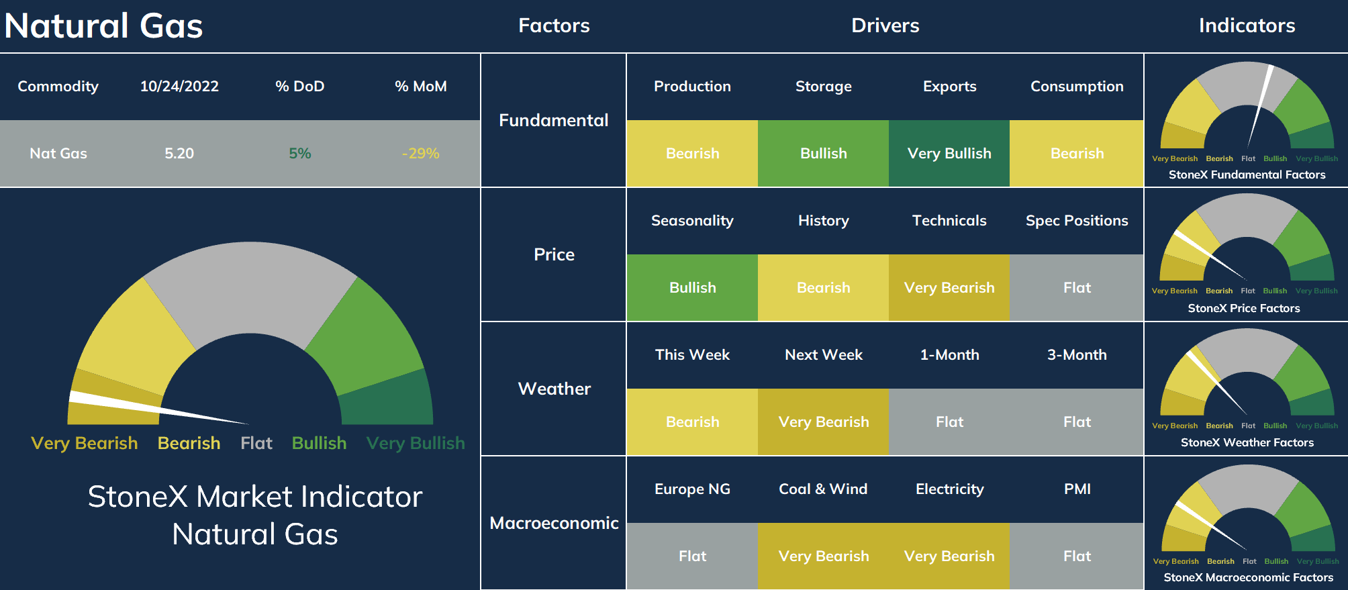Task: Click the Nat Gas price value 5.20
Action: (x=179, y=154)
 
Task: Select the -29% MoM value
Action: (x=420, y=154)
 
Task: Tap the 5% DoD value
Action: (x=299, y=154)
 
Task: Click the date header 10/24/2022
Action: (x=179, y=87)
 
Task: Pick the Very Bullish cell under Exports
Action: (x=949, y=154)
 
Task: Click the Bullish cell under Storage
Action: (x=824, y=154)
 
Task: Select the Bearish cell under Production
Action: (x=692, y=154)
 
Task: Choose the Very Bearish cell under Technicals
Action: (x=949, y=288)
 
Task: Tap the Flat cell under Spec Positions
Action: (x=1077, y=288)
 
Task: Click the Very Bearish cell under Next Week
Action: (x=824, y=422)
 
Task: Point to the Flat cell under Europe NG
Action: (x=692, y=556)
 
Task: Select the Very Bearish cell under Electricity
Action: (x=949, y=556)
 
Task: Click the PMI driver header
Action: (x=1077, y=489)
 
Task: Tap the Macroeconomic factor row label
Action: (x=554, y=523)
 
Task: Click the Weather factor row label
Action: (x=554, y=389)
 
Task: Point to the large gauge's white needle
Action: (x=158, y=407)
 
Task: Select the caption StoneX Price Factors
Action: (x=1244, y=308)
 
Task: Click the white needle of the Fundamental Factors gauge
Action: (x=1259, y=106)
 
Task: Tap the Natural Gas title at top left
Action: (x=103, y=26)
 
